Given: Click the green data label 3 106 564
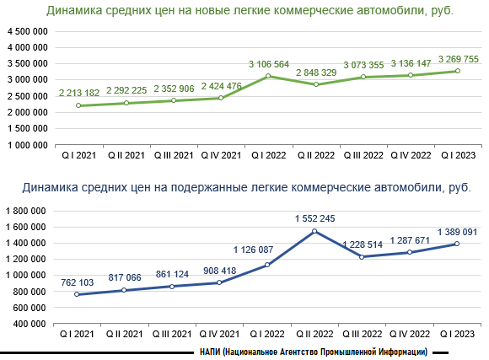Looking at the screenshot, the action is coord(269,64).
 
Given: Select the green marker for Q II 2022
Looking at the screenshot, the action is coord(316,84).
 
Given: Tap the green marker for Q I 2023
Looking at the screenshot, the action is coord(458,71).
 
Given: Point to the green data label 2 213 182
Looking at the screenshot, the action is coord(79,93).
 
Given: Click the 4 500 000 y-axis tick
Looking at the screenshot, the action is coord(28,31).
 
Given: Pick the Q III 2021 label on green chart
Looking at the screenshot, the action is coord(174,155).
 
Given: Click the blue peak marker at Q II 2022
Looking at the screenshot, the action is coord(314,231).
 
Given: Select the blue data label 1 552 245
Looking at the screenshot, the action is coord(315,218).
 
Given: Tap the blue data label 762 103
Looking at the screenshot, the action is coord(78,282).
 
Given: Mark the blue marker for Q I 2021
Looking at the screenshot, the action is coord(77,294).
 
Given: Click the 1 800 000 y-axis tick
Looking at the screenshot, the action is coord(26,212).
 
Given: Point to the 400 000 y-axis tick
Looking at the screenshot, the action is coord(30,324).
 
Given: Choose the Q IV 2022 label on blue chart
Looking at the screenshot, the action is coord(410,334).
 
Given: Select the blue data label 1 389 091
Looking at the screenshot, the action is coord(457,232).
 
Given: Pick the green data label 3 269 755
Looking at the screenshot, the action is coord(459,59).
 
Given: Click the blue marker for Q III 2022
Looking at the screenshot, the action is coord(362,257).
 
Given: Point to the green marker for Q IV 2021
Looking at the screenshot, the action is coord(221,98).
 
